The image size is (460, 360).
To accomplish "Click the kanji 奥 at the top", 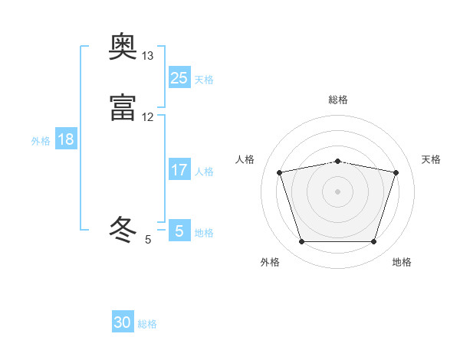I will click(x=123, y=49).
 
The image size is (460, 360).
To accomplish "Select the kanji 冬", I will click(x=123, y=229).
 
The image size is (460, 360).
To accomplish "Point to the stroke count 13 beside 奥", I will click(x=148, y=56).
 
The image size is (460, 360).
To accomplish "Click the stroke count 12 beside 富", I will click(x=148, y=116).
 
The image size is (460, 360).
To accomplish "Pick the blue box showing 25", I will click(x=179, y=77).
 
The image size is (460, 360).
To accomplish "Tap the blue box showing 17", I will click(x=179, y=170).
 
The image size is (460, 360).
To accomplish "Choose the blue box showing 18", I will click(x=66, y=139).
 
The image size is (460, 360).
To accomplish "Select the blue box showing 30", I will click(x=123, y=322).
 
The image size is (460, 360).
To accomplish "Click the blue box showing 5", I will click(x=179, y=231).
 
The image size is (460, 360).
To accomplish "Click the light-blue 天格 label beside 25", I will click(x=204, y=79).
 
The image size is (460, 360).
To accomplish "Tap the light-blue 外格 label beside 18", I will click(x=41, y=141).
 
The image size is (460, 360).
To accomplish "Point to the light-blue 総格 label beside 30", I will click(x=148, y=324).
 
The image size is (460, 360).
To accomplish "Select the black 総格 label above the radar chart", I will click(x=338, y=100).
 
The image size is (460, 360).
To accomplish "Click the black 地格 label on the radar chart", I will click(x=402, y=262).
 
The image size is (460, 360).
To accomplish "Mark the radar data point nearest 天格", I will click(x=396, y=172).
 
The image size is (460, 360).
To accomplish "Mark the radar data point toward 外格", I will click(x=301, y=242).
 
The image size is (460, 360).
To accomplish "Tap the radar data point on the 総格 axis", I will click(x=337, y=161).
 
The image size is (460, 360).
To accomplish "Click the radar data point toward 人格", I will click(x=279, y=172).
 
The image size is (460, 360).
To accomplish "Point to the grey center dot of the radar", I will click(x=337, y=191).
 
